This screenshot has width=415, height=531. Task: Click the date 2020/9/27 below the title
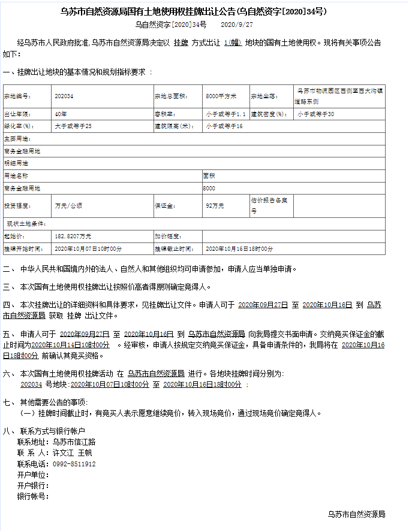pyautogui.click(x=237, y=25)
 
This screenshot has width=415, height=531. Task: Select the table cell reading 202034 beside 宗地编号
pyautogui.click(x=64, y=96)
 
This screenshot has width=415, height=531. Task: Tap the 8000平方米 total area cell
pyautogui.click(x=221, y=96)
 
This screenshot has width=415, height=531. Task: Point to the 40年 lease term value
pyautogui.click(x=61, y=114)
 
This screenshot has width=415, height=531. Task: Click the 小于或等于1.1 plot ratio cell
pyautogui.click(x=225, y=114)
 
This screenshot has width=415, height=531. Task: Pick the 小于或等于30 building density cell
pyautogui.click(x=315, y=114)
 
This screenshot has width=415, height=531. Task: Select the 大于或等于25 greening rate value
pyautogui.click(x=73, y=126)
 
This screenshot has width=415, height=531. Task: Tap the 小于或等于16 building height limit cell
pyautogui.click(x=224, y=126)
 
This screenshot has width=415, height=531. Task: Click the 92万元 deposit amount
pyautogui.click(x=215, y=205)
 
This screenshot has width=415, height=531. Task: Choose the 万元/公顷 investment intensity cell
pyautogui.click(x=68, y=205)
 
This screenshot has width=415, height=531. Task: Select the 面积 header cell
pyautogui.click(x=209, y=176)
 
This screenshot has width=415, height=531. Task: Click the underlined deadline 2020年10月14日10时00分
pyautogui.click(x=70, y=345)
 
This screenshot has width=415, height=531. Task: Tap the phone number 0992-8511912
pyautogui.click(x=74, y=463)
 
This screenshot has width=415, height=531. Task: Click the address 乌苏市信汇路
pyautogui.click(x=74, y=442)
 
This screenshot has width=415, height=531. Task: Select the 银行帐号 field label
pyautogui.click(x=32, y=496)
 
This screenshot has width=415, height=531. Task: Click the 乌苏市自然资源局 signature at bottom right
pyautogui.click(x=356, y=514)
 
